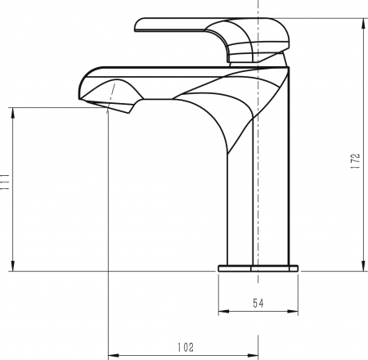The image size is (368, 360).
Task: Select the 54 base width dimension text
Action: (x=258, y=304)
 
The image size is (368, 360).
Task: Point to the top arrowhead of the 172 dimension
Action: (x=361, y=20)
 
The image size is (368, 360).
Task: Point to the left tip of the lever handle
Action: (x=137, y=26)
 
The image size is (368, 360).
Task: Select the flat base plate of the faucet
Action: (x=258, y=266)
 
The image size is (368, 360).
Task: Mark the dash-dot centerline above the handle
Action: (x=259, y=8)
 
